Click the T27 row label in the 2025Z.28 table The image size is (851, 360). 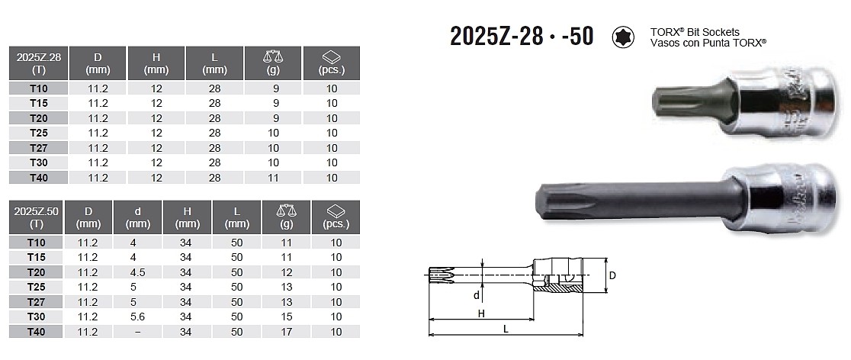tap(39, 148)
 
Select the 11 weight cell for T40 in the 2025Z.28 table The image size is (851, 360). tap(273, 178)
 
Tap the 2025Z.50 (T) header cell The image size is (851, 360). tap(37, 217)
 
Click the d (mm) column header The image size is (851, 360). tap(138, 217)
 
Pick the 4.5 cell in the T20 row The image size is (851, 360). tap(138, 272)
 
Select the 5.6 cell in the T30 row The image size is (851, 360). tap(138, 317)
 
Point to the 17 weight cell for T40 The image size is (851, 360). tap(287, 331)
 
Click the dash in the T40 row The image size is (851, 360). tap(138, 331)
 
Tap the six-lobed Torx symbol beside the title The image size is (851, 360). tap(624, 37)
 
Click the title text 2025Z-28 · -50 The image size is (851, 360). tap(522, 37)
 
